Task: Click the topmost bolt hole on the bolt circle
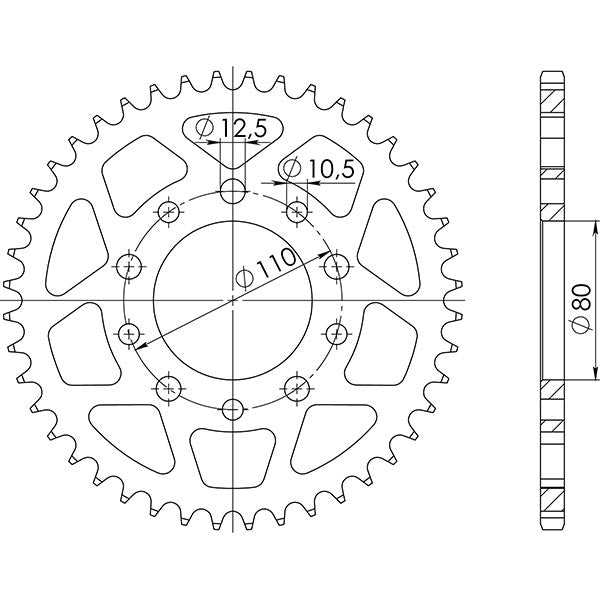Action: click(x=233, y=191)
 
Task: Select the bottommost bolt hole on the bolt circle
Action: click(x=233, y=408)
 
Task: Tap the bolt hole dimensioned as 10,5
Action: click(x=297, y=210)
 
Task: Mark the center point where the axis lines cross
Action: click(x=233, y=300)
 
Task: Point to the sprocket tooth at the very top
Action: click(x=233, y=72)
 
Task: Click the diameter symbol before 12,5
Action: click(x=204, y=128)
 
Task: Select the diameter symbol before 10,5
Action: click(x=294, y=169)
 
